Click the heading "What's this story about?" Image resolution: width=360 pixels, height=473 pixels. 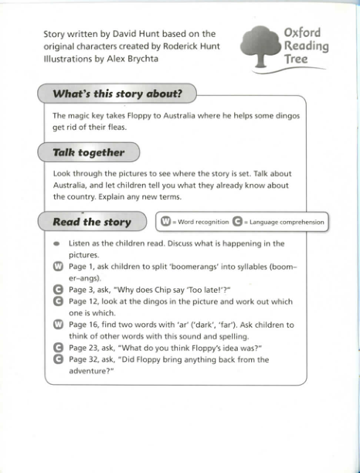tap(117, 94)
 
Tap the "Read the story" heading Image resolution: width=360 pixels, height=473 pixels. tap(91, 222)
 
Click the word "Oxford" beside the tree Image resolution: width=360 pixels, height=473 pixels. tap(302, 33)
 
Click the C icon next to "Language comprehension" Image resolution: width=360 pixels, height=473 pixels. tap(237, 222)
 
